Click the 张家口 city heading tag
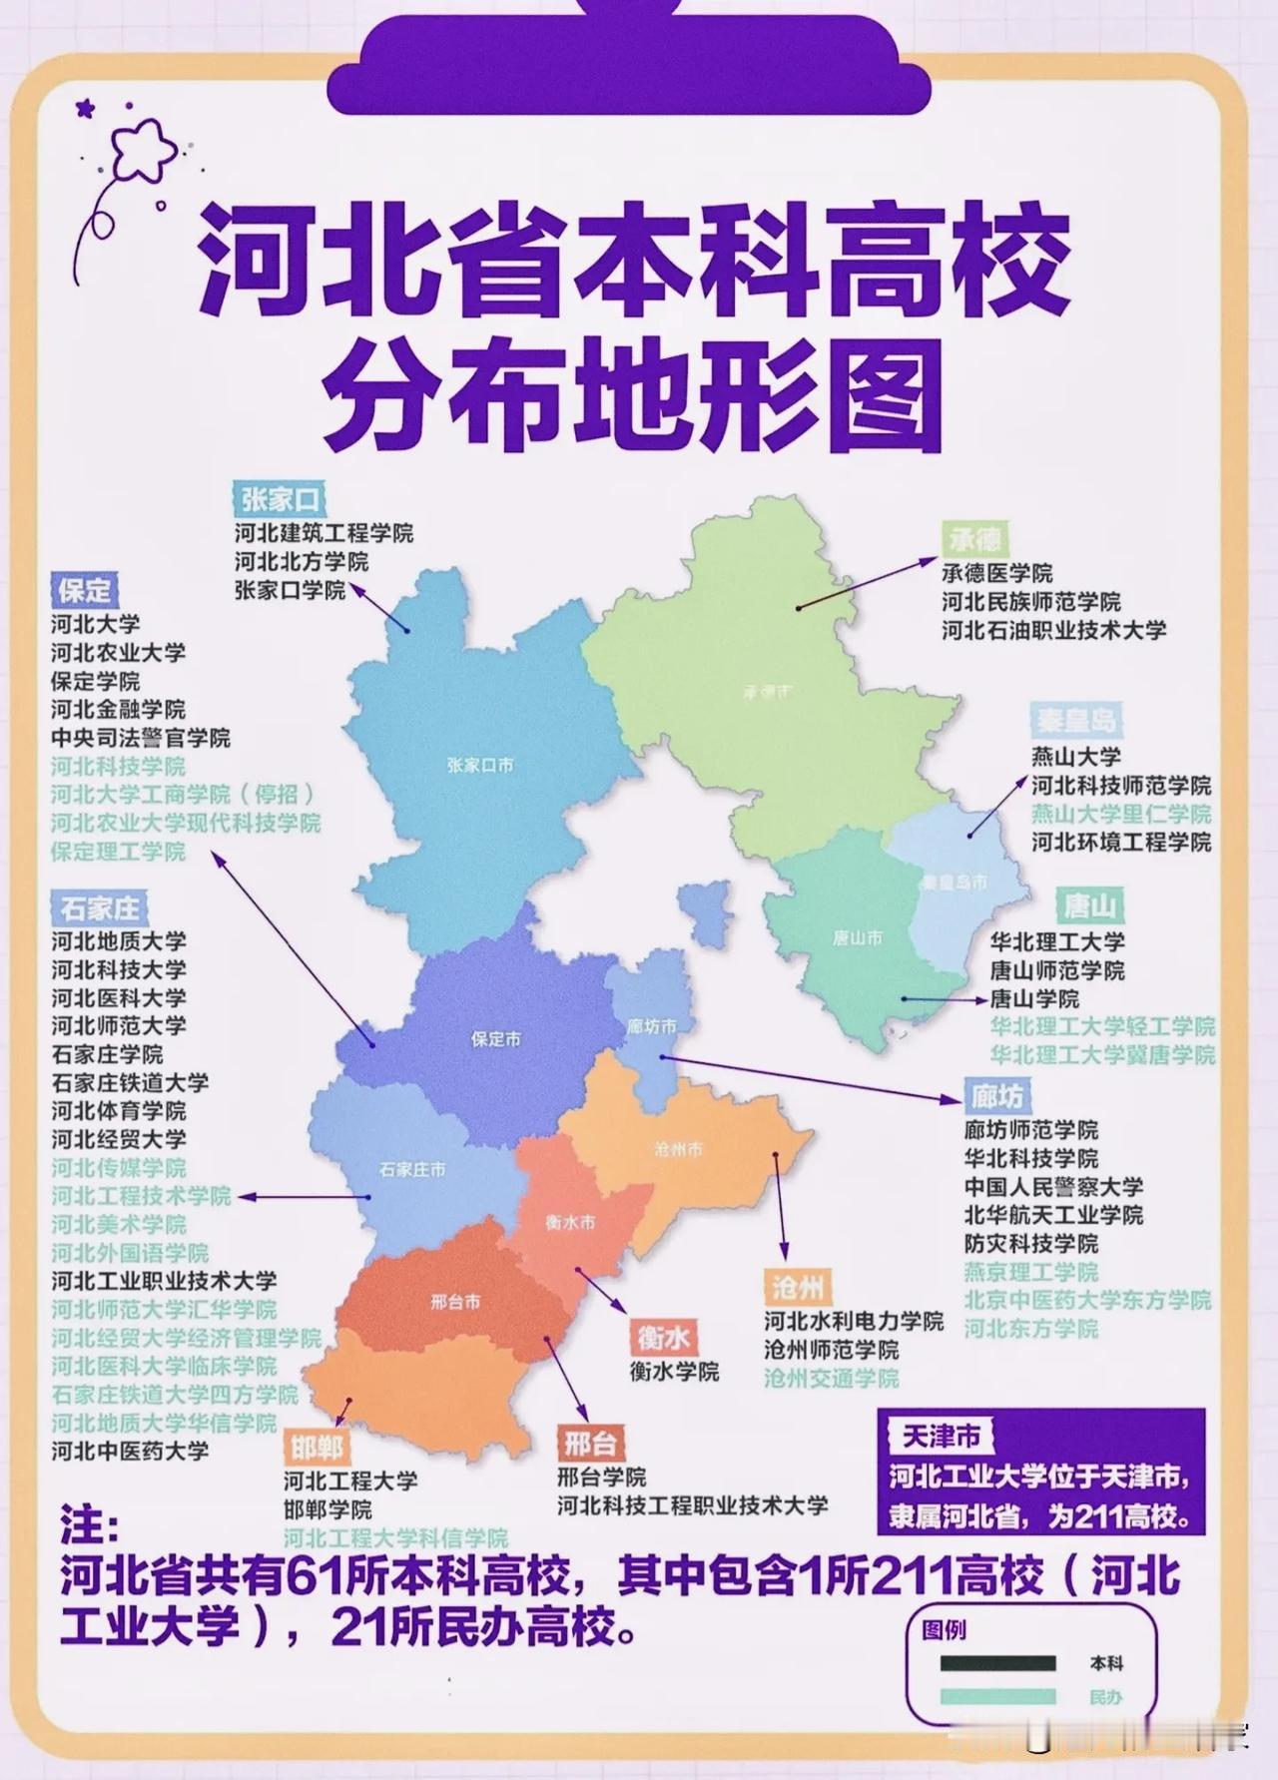[x=281, y=498]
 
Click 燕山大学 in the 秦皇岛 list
[x=1075, y=757]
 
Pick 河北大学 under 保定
[x=96, y=625]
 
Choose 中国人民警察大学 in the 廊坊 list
[x=1053, y=1187]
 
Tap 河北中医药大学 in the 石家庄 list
[x=130, y=1451]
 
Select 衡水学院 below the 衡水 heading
[x=674, y=1372]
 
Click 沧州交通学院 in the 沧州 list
[x=831, y=1379]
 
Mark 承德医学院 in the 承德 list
[x=996, y=574]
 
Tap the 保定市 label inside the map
[x=495, y=1039]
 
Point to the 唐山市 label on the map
[x=857, y=938]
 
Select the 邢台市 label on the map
[x=455, y=1302]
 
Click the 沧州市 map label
[x=678, y=1149]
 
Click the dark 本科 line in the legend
[x=997, y=1663]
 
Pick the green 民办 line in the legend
[x=997, y=1696]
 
